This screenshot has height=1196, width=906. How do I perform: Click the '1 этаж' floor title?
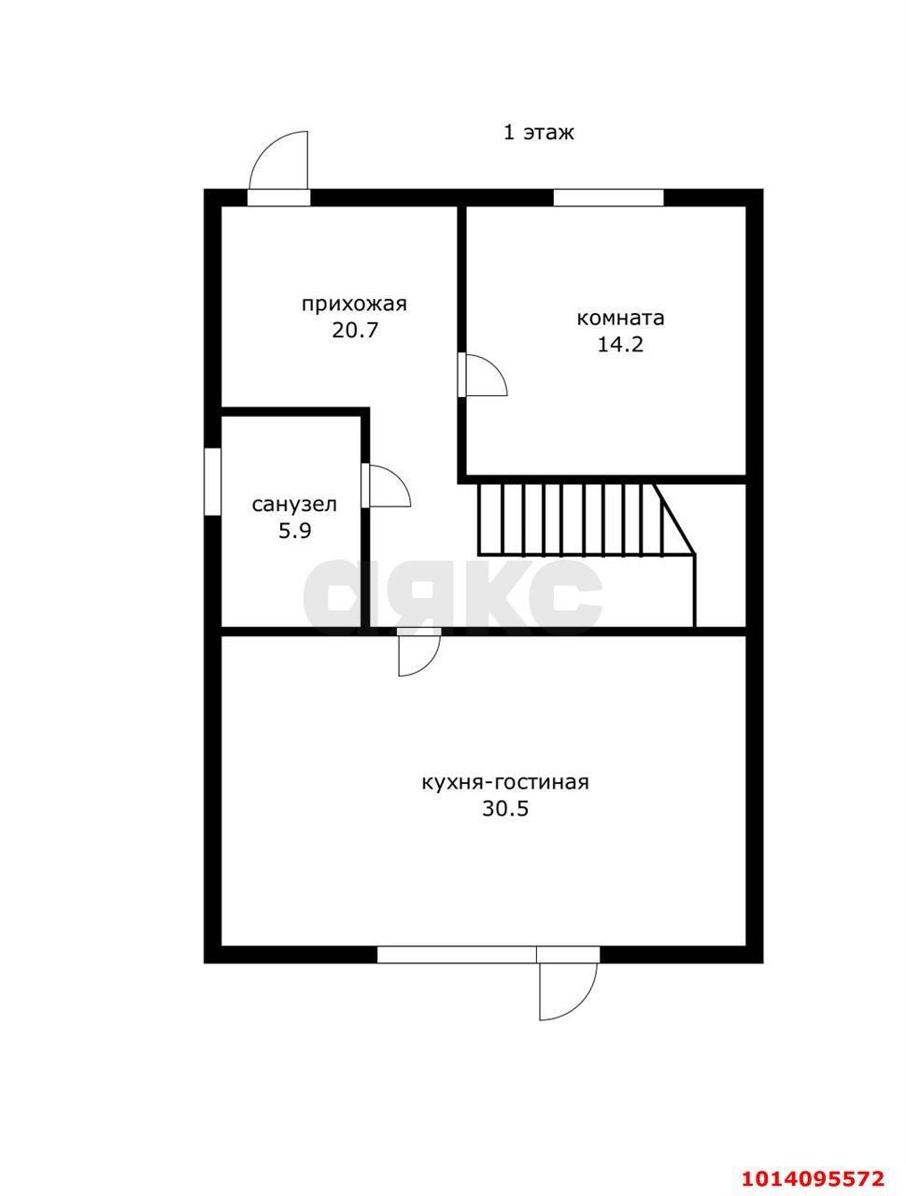click(538, 133)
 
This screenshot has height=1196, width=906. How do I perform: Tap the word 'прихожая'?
click(354, 304)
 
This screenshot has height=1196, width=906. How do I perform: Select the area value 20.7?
click(354, 330)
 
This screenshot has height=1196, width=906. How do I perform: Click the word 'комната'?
click(621, 318)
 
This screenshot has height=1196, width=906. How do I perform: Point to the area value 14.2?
click(621, 345)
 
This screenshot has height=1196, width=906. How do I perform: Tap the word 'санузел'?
click(294, 504)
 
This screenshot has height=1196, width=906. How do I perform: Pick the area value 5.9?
click(294, 530)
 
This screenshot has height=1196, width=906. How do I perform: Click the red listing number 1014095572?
click(813, 1160)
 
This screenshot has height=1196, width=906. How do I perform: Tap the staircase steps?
click(586, 520)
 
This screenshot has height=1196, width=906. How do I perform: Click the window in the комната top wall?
click(608, 197)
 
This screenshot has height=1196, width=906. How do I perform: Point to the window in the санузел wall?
click(212, 481)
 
